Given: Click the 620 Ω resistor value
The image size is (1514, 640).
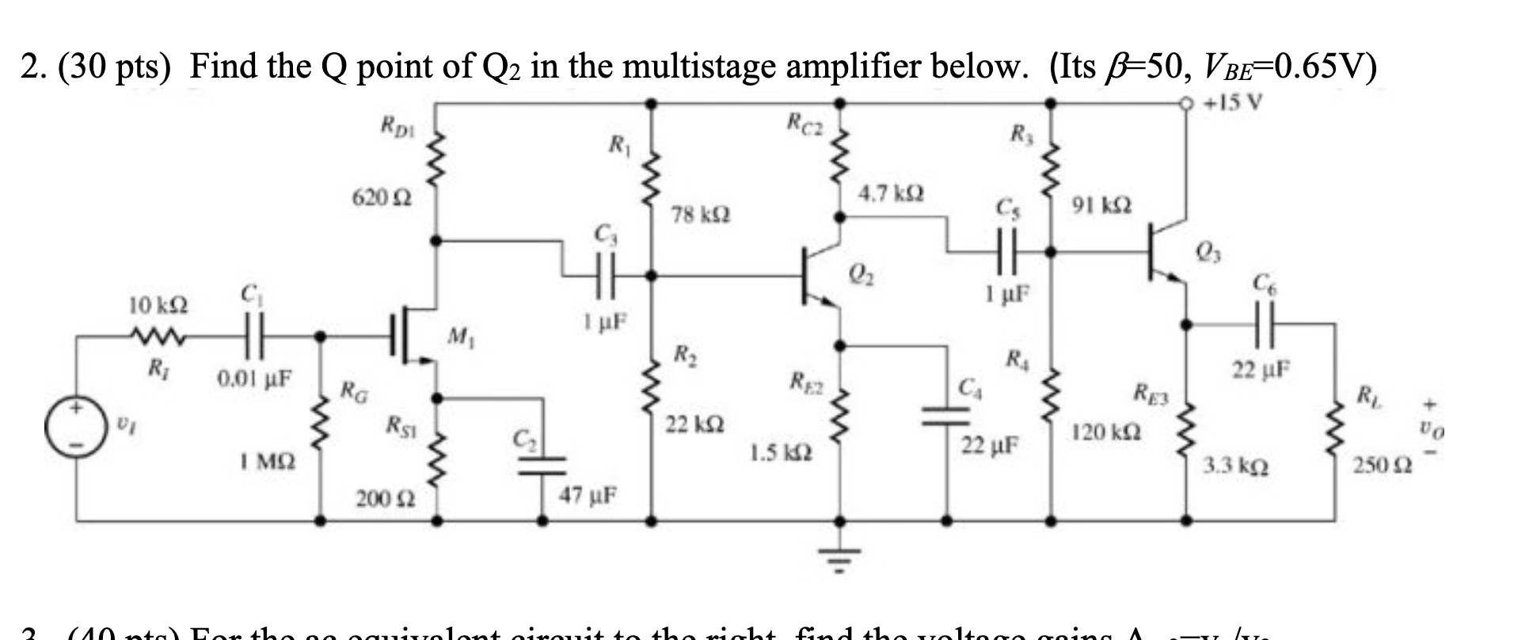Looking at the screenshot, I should point(381,198).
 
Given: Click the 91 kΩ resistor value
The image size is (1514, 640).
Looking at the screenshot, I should point(1101,206).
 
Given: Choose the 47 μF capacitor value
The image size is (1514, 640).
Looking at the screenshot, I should point(589,496).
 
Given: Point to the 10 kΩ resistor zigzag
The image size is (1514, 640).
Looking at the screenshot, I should point(159,338).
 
